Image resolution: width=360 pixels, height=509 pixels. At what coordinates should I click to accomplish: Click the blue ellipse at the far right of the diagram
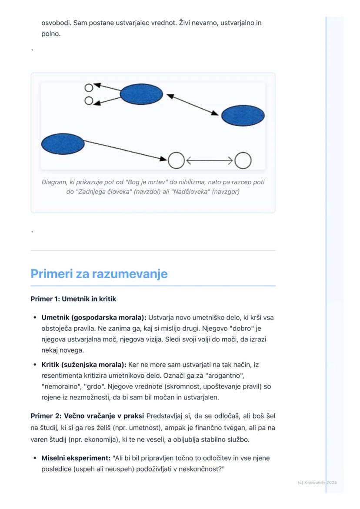coord(243,116)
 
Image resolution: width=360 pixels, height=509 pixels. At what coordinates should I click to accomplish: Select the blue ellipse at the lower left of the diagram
coord(63,144)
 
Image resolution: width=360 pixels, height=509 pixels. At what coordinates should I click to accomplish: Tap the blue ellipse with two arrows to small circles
coord(141,93)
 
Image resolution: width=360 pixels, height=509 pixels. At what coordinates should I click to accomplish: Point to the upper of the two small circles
coord(89,87)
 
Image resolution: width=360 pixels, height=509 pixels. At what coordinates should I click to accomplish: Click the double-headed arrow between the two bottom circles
coord(209,160)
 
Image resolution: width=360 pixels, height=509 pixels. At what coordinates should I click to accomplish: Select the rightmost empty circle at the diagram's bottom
coord(243,160)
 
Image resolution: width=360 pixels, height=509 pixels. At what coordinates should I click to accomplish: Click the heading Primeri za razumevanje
coord(99,274)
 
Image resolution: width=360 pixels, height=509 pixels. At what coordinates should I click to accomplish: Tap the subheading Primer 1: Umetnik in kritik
coord(73,299)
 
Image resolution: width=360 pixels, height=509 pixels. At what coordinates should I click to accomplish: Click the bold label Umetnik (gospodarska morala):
coord(85,318)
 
